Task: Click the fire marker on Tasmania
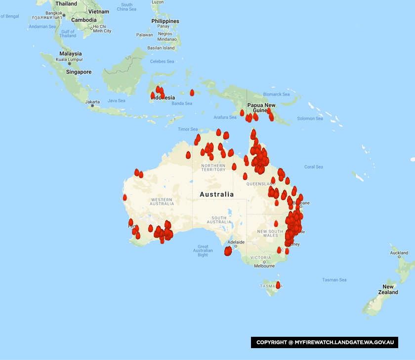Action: (x=278, y=285)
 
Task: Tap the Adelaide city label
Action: (x=236, y=242)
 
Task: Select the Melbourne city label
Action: (x=264, y=266)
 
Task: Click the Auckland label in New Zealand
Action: (x=399, y=253)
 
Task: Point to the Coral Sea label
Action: (x=313, y=167)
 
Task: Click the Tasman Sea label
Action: (x=334, y=280)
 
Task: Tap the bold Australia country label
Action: (x=216, y=195)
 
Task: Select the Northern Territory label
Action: (x=213, y=168)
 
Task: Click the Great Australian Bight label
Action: (x=203, y=251)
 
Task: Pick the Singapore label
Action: (x=79, y=72)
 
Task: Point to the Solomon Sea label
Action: (x=310, y=119)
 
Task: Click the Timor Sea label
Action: (x=188, y=129)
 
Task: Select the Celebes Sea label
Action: (x=162, y=62)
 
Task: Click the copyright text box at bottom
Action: (x=325, y=342)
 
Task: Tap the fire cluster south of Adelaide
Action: (x=228, y=251)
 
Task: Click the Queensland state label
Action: (x=261, y=183)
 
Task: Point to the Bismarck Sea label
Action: (x=276, y=94)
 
